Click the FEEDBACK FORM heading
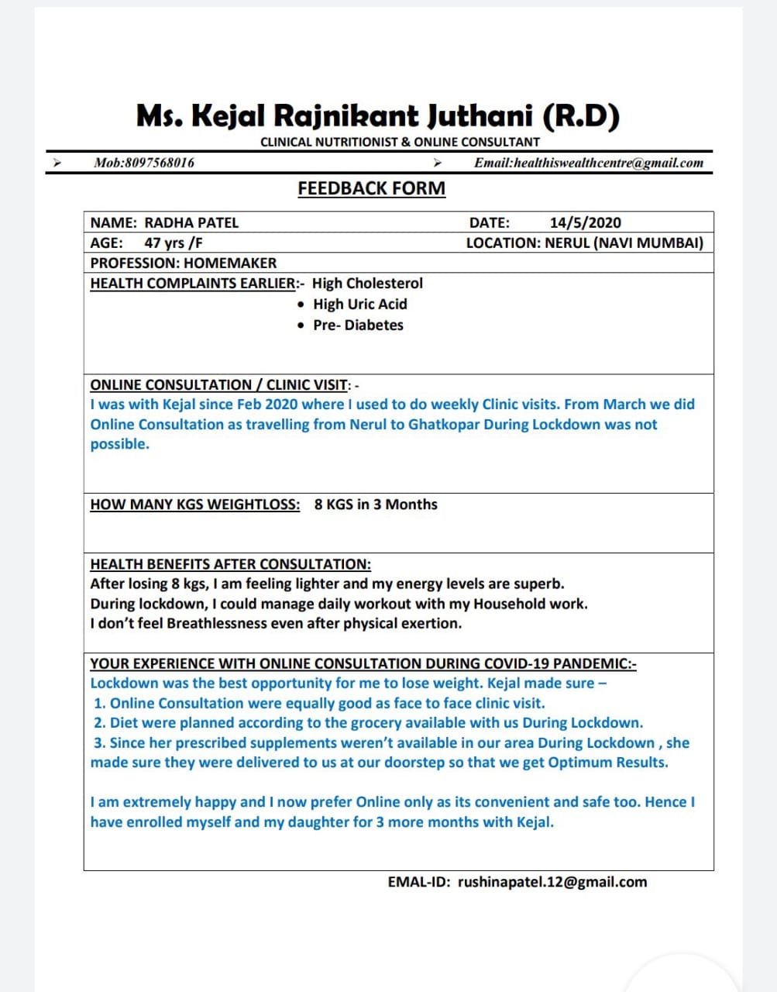371,188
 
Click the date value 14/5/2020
585,223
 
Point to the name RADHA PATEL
191,223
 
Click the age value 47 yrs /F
174,243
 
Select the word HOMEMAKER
230,263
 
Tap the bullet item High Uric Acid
359,305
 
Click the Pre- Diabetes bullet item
358,325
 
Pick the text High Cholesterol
367,284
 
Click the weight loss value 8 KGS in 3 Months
376,505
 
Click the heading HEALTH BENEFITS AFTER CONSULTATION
230,564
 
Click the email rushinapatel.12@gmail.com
552,882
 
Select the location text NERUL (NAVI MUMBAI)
624,243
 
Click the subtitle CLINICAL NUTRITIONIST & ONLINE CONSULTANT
400,143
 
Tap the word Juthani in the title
480,116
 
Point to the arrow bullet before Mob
56,163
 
